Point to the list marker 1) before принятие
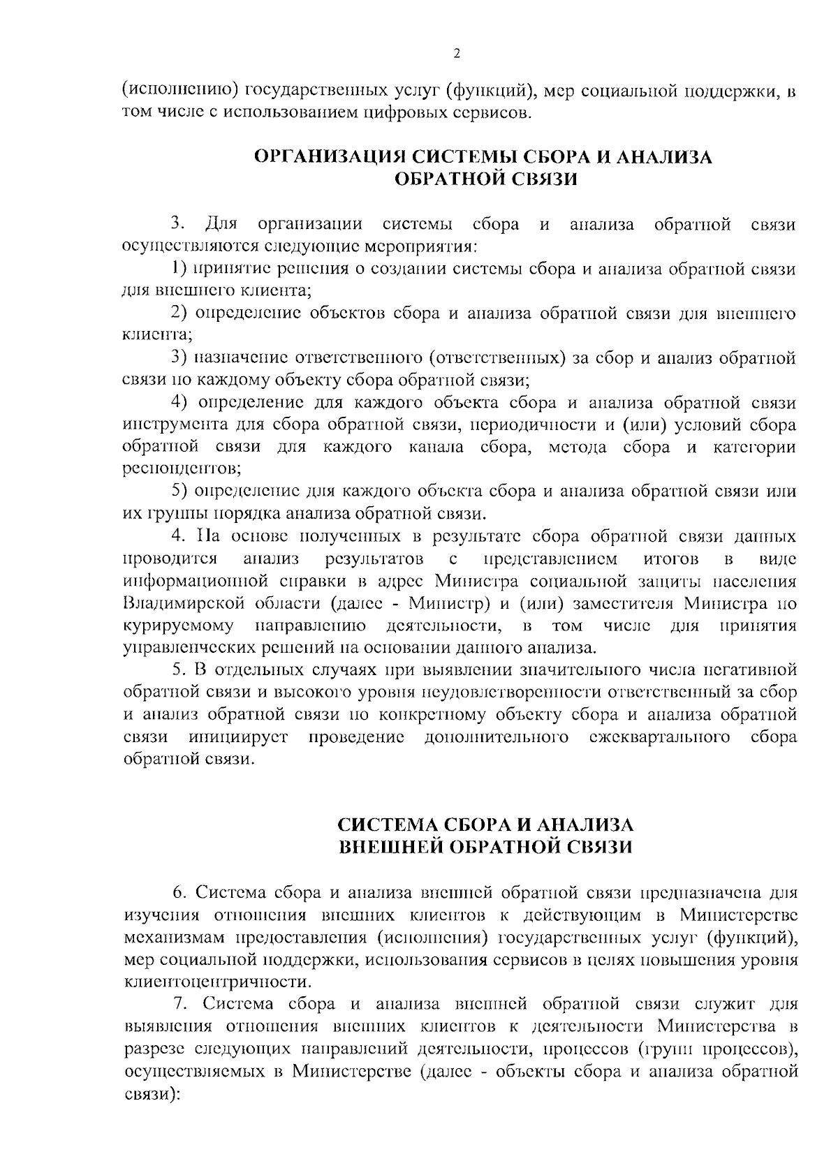[x=179, y=269]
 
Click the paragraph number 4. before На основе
[x=178, y=537]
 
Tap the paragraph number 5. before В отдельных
[x=178, y=671]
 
